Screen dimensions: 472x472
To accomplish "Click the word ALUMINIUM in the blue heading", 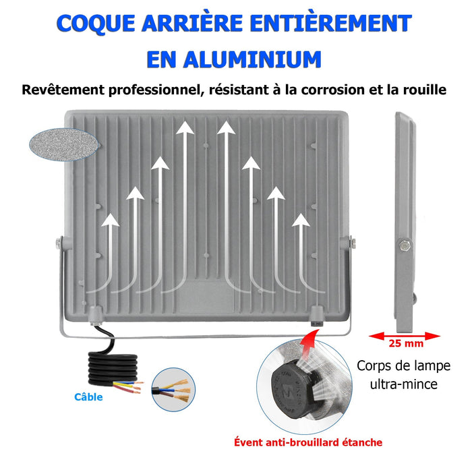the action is click(x=252, y=59).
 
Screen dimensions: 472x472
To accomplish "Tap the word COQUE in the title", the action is click(x=96, y=24).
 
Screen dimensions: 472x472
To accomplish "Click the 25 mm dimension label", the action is click(x=406, y=343).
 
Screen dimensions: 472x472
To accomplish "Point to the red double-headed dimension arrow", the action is click(x=405, y=336).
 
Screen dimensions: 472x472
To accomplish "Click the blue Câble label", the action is click(x=88, y=396).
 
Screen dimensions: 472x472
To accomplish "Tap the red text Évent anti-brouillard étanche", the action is click(x=308, y=442).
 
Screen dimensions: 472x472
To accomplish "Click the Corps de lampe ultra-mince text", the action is click(x=403, y=375).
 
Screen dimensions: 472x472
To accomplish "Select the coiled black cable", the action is click(x=113, y=367).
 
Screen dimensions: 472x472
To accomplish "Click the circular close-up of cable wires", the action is click(x=173, y=390).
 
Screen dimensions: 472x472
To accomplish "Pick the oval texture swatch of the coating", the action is click(x=64, y=144).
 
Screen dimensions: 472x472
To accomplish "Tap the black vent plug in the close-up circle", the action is click(x=291, y=390).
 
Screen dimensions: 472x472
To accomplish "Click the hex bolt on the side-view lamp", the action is click(x=404, y=245).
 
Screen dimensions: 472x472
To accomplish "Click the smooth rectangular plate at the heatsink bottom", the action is click(x=206, y=297).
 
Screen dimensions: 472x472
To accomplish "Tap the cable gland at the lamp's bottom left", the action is click(x=96, y=316).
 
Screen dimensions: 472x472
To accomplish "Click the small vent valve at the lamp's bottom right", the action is click(x=317, y=316).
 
